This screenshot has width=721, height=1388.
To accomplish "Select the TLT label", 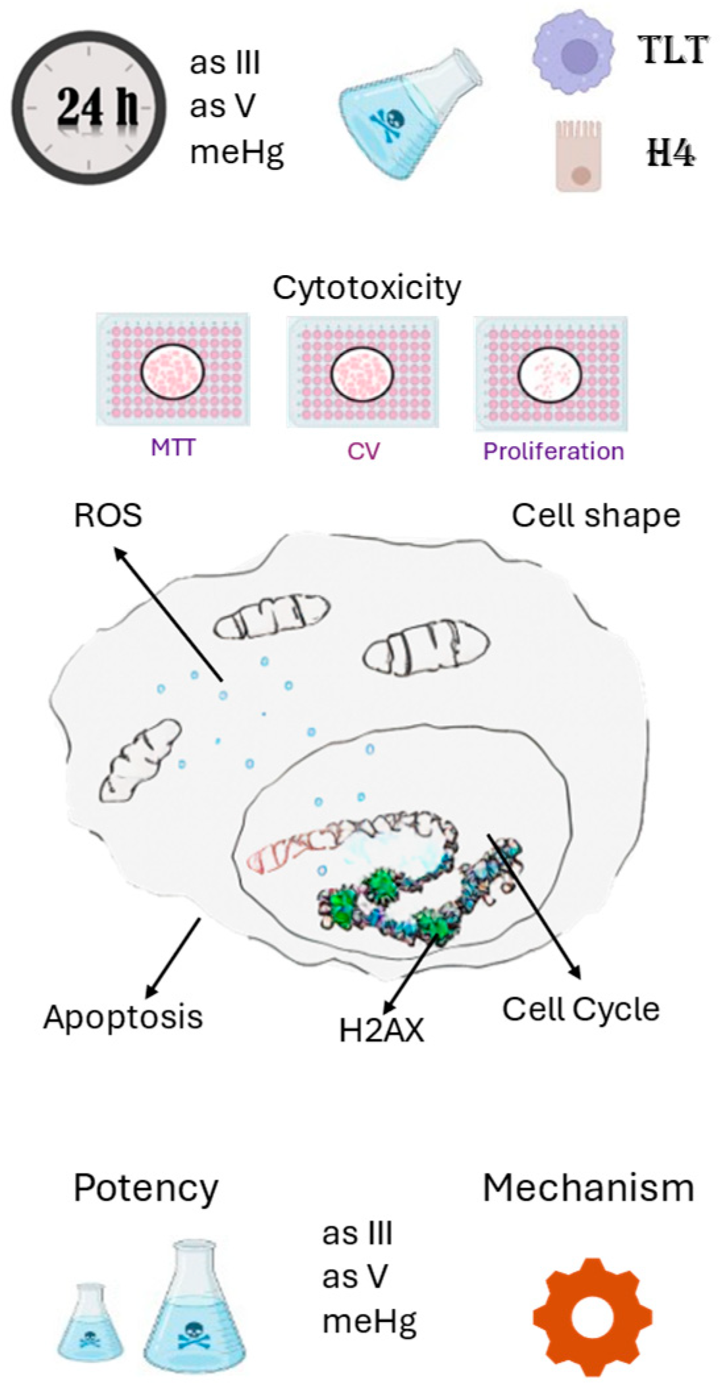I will coord(675,51).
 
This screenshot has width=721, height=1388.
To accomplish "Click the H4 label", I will coord(670,155).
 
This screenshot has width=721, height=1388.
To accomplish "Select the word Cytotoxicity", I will coord(367,288).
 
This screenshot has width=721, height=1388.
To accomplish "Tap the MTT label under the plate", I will coord(173,448).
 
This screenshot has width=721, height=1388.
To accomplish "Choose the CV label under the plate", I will coord(363,451).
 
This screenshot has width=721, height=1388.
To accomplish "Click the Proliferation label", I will coord(553,451).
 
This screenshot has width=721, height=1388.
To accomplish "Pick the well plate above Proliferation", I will coord(550,373).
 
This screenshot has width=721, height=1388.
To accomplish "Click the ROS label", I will coord(108,515).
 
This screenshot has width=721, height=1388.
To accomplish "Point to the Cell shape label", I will coord(596,516).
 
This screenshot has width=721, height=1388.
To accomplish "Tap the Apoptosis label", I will coord(123,1017).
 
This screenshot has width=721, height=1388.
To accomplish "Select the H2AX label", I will coord(381,1031).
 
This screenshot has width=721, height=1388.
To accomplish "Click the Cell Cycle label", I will coord(581,1009).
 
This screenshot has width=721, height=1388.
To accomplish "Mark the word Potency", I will coord(146,1189).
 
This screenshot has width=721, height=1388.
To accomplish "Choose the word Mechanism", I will coord(589,1189).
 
